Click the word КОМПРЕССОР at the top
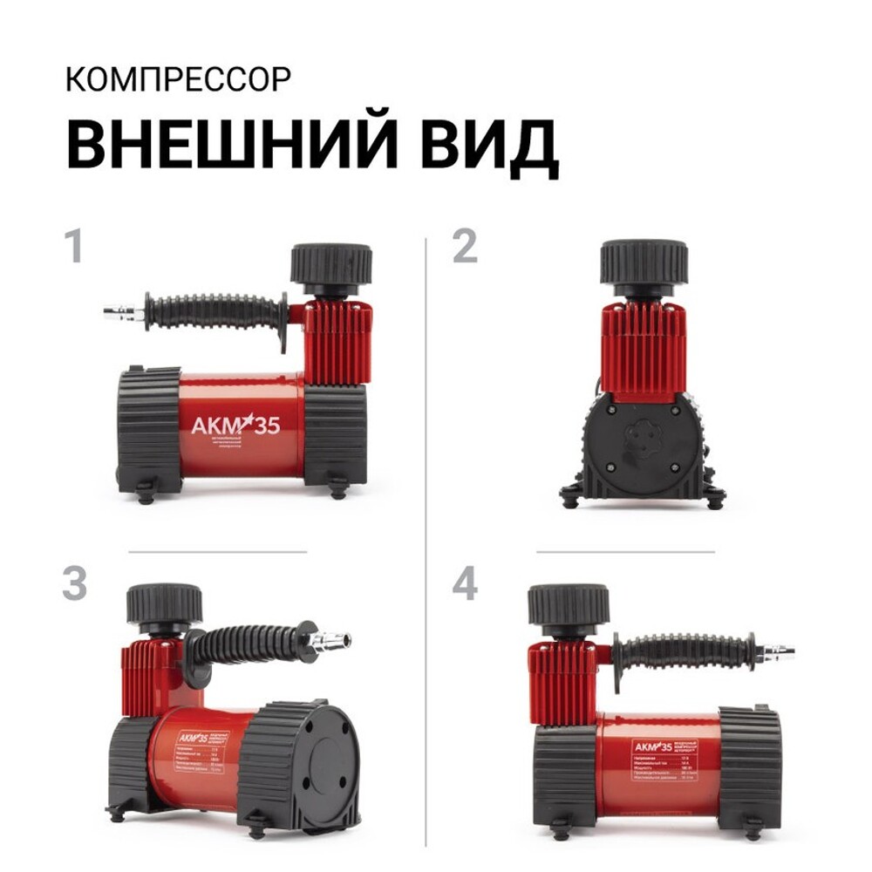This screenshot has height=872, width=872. coord(177,79)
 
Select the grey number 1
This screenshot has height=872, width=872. coord(74,247)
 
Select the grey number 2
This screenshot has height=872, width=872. coord(464,247)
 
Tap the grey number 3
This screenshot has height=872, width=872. coord(74,584)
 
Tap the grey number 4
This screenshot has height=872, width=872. coord(464,584)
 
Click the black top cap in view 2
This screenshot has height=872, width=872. coord(644,263)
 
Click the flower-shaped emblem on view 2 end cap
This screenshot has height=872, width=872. coord(644,440)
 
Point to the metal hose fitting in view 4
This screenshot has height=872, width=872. coord(774,651)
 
